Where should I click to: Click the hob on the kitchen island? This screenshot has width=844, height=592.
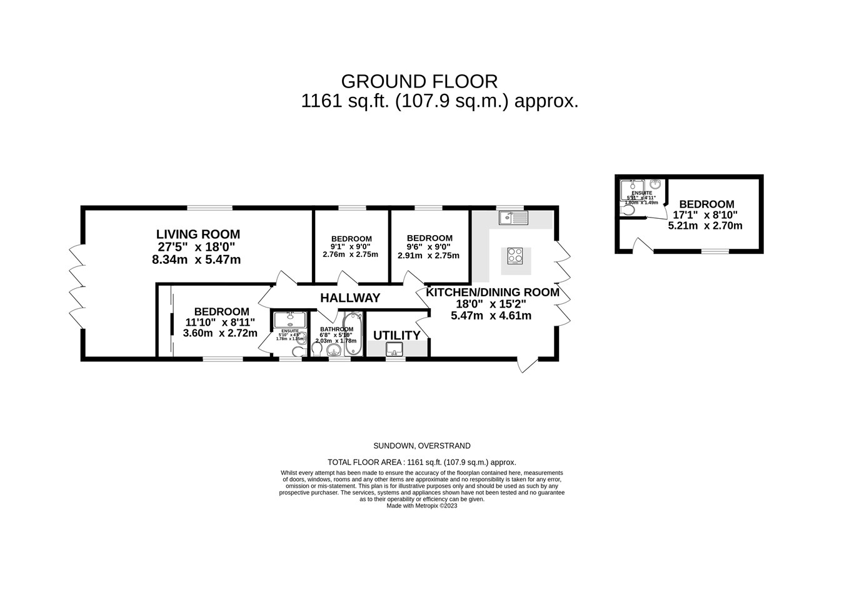[x=516, y=256]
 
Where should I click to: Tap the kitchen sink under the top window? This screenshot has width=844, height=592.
[x=513, y=218]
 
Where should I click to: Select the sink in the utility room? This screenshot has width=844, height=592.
[x=394, y=349]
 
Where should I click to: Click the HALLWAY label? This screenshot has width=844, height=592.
[x=350, y=298]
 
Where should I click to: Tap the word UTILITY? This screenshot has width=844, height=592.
[x=396, y=336]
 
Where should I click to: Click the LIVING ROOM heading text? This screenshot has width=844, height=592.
[x=198, y=234]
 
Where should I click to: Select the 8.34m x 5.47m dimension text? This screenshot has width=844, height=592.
[x=196, y=259]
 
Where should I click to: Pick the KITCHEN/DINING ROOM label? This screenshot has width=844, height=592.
[x=492, y=292]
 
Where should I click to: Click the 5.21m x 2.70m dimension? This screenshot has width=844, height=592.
[x=705, y=226]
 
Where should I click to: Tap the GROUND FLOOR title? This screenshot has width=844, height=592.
[x=419, y=81]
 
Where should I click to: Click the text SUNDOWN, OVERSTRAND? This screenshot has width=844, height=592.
[x=421, y=446]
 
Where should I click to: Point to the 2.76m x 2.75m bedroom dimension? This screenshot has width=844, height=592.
[x=350, y=254]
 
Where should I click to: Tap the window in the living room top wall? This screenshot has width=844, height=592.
[x=209, y=208]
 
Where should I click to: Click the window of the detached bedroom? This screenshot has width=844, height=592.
[x=715, y=251]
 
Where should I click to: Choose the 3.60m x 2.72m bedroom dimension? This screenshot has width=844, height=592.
[x=220, y=333]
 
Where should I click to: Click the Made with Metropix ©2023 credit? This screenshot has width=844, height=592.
[x=421, y=506]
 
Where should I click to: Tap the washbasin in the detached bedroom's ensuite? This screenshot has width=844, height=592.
[x=655, y=184]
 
